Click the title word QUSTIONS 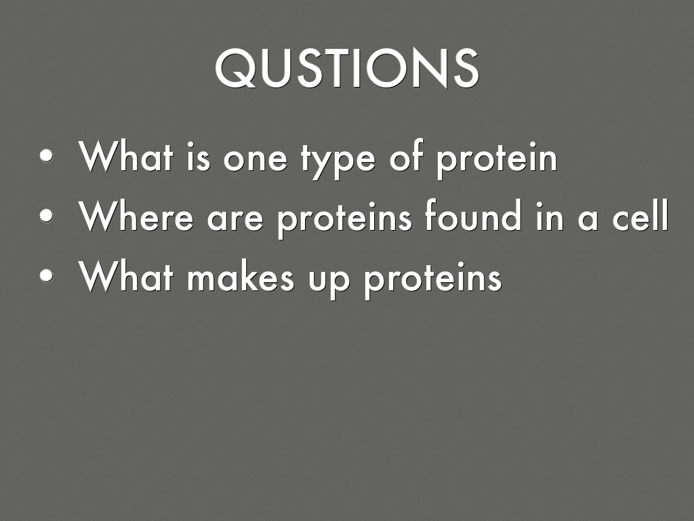coord(346,68)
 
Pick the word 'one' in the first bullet coord(255,159)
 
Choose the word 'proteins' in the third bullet coord(432,278)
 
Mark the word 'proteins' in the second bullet coord(345,218)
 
